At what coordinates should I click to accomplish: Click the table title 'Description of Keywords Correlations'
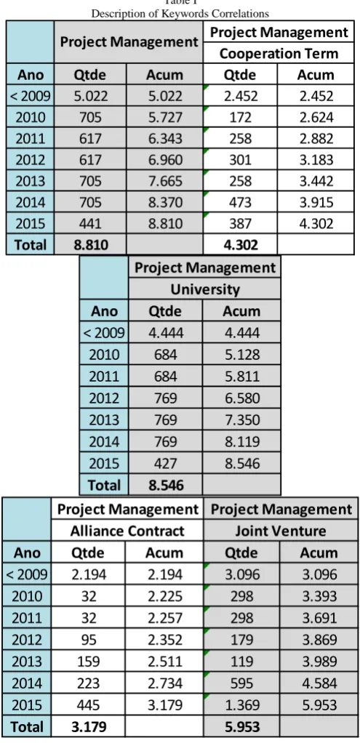point(180,13)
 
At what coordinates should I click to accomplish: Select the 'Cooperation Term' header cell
point(279,53)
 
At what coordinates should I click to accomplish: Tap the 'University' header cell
point(204,289)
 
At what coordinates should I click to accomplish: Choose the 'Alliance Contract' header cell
point(127,531)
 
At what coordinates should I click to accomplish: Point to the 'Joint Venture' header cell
point(281,531)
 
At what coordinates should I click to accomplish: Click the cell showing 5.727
point(164,117)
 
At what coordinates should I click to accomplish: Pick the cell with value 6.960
point(164,160)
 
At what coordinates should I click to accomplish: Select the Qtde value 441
point(90,224)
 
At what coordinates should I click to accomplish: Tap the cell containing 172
point(241,117)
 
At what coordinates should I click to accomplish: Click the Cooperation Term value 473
point(241,202)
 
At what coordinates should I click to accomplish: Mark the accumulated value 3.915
point(316,202)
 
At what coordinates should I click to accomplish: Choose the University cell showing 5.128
point(242,355)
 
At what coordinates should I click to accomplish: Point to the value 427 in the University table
point(165,463)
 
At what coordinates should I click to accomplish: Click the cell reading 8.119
point(242,441)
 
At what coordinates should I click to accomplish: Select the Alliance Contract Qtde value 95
point(88,640)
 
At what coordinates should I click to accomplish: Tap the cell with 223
point(88,683)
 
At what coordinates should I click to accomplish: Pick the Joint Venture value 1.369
point(242,704)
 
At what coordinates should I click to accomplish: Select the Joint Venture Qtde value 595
point(242,683)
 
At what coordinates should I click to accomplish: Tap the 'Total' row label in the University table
point(104,485)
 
